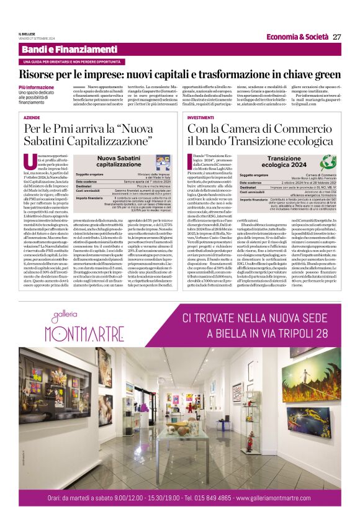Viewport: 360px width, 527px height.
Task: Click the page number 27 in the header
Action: point(337,37)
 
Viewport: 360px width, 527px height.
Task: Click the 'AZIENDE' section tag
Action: point(32,117)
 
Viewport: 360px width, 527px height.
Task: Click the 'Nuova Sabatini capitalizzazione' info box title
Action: point(118,163)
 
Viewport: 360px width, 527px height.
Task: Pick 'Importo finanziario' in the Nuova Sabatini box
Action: point(89,197)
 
